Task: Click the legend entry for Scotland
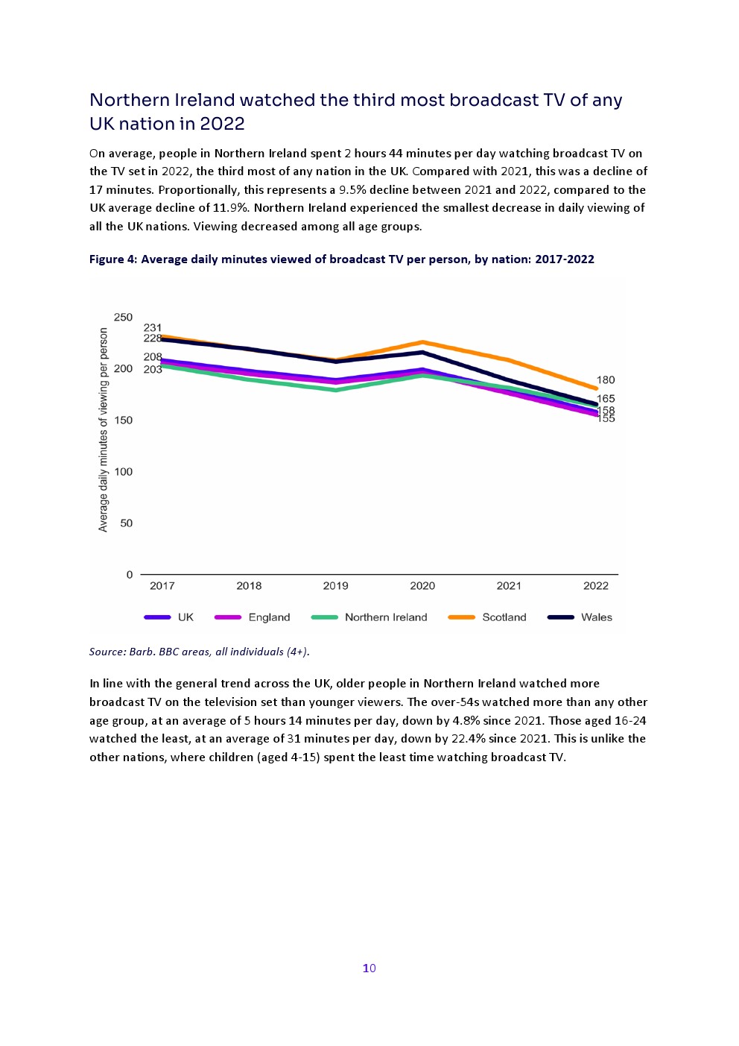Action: click(504, 617)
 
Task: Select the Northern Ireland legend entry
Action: click(385, 617)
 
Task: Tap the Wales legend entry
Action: click(596, 617)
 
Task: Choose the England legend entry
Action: click(269, 617)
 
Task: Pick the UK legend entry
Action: click(185, 617)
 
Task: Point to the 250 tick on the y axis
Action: click(123, 318)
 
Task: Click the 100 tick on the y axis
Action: click(123, 472)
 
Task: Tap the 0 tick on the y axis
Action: click(130, 575)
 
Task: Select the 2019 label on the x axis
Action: click(335, 586)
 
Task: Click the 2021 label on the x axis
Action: click(509, 586)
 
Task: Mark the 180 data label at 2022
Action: click(606, 380)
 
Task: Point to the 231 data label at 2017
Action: click(153, 327)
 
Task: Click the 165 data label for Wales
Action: click(606, 399)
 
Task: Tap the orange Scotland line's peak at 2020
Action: click(422, 342)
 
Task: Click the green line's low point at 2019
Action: click(335, 390)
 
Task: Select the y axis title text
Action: click(104, 430)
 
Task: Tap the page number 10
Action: click(369, 968)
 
